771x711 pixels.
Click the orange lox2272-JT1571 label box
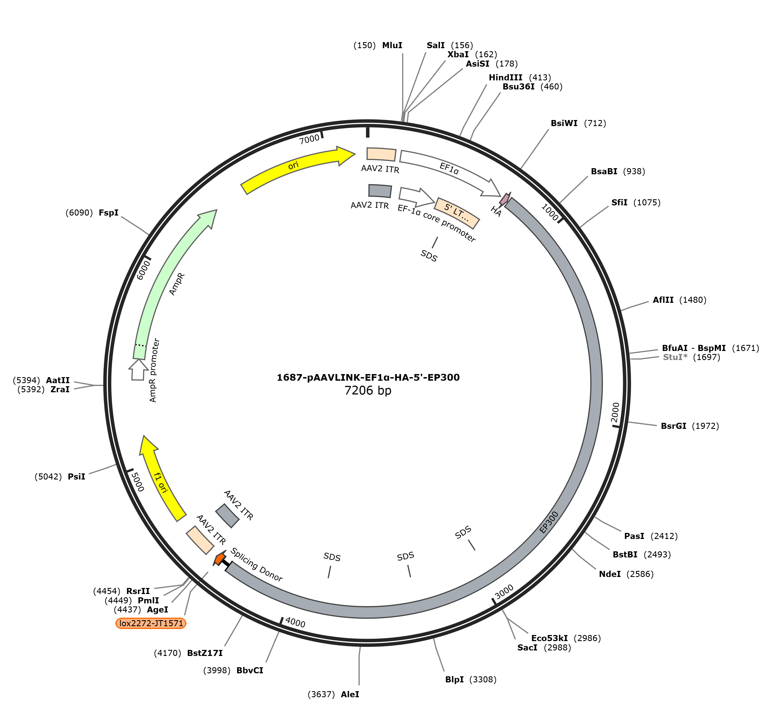pyautogui.click(x=151, y=623)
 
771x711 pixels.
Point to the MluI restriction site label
pyautogui.click(x=392, y=45)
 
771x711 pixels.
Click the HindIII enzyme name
pyautogui.click(x=505, y=78)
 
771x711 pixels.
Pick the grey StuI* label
pyautogui.click(x=675, y=357)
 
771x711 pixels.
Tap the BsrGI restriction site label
pyautogui.click(x=674, y=426)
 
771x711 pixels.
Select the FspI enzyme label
pyautogui.click(x=108, y=213)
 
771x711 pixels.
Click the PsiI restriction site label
pyautogui.click(x=77, y=477)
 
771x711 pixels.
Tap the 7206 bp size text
pyautogui.click(x=368, y=391)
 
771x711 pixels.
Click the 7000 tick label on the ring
pyautogui.click(x=310, y=139)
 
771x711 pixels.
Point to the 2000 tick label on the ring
pyautogui.click(x=615, y=412)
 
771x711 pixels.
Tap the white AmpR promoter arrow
pyautogui.click(x=137, y=370)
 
